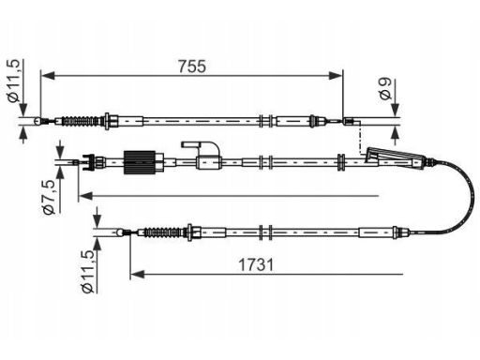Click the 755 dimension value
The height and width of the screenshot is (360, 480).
pyautogui.click(x=192, y=67)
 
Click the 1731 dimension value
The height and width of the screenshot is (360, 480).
pyautogui.click(x=256, y=264)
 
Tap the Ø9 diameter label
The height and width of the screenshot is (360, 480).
pyautogui.click(x=385, y=89)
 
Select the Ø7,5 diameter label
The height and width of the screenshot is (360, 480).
pyautogui.click(x=49, y=197)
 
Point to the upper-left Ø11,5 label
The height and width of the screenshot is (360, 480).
pyautogui.click(x=14, y=81)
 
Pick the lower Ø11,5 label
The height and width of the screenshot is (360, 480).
pyautogui.click(x=87, y=271)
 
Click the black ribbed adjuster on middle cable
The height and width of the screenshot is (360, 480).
pyautogui.click(x=140, y=162)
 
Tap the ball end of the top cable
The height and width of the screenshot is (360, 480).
pyautogui.click(x=37, y=121)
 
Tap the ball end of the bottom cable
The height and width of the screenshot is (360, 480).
pyautogui.click(x=119, y=232)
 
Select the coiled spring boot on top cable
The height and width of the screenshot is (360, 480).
pyautogui.click(x=80, y=121)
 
